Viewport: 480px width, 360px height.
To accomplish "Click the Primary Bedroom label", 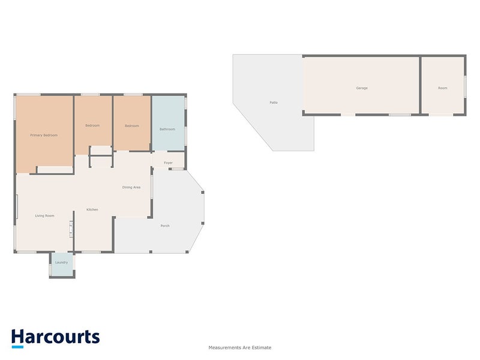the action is click(44, 135).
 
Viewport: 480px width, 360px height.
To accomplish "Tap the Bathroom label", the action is click(167, 129).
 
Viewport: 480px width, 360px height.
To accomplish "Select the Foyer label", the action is click(168, 163).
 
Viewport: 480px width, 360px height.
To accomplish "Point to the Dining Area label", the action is click(131, 187).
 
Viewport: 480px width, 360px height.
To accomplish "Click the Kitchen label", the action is click(92, 209).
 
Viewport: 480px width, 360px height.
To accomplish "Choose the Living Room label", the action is click(44, 216).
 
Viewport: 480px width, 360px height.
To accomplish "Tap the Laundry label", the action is click(61, 262).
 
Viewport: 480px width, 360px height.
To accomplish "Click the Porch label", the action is click(165, 226).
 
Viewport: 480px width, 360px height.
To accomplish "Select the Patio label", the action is click(274, 103).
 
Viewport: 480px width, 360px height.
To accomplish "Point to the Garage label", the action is click(362, 88).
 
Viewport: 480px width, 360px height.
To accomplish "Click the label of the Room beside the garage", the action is click(443, 88).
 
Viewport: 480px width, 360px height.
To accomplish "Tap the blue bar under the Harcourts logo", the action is click(17, 347).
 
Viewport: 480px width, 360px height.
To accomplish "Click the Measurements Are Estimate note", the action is click(239, 347).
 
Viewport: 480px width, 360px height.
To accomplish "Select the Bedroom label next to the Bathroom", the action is click(131, 126).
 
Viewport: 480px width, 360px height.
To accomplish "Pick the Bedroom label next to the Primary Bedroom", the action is click(92, 125).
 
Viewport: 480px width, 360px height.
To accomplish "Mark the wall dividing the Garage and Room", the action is click(421, 85).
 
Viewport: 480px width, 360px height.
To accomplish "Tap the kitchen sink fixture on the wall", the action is click(71, 229).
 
